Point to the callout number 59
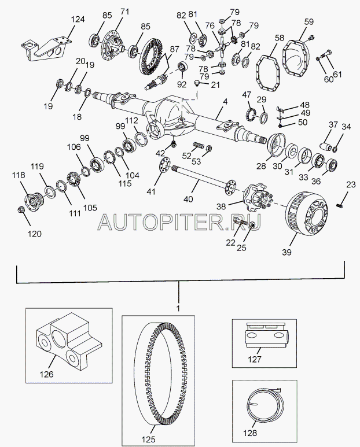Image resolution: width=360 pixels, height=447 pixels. [308, 23]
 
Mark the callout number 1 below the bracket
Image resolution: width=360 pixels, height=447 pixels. [178, 308]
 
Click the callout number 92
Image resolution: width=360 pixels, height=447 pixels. [182, 84]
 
